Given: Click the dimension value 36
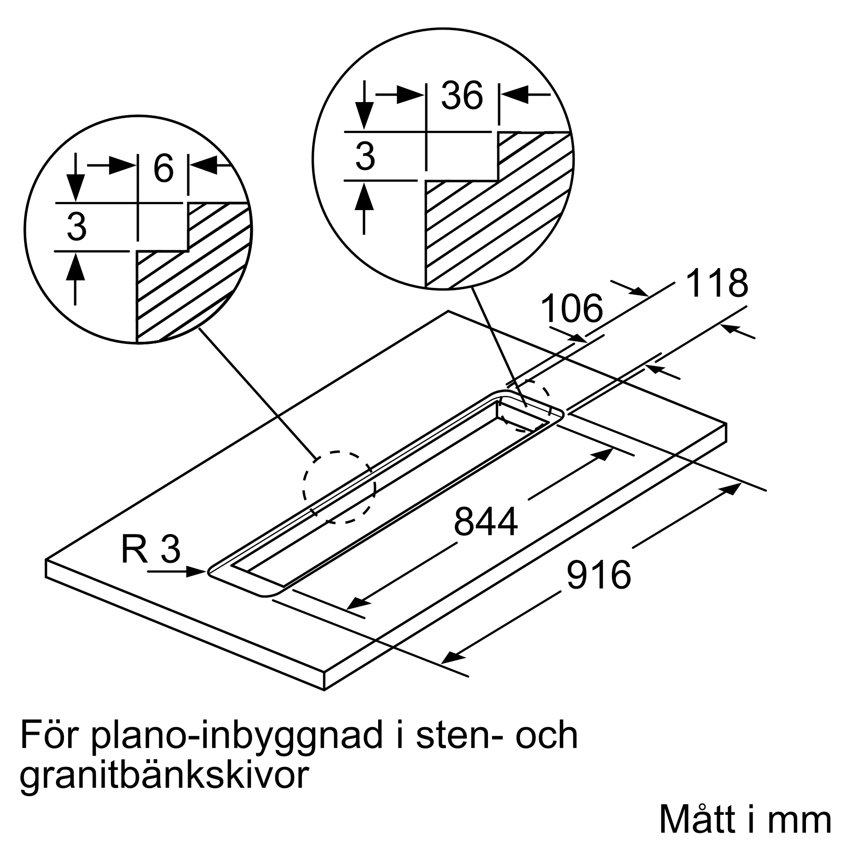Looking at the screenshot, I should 462,96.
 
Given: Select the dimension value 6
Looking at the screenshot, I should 163,169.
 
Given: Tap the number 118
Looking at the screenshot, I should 717,284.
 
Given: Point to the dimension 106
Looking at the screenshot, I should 572,309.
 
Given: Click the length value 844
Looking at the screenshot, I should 486,522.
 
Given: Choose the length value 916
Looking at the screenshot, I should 598,575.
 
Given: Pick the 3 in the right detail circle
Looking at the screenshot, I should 365,157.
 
